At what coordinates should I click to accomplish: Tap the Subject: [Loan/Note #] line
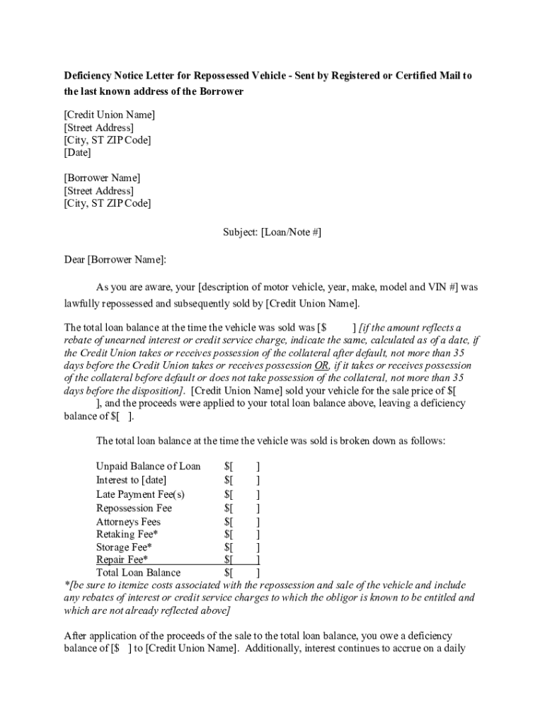(272, 232)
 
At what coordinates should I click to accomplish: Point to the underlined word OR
(321, 365)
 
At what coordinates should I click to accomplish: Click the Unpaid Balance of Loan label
(148, 467)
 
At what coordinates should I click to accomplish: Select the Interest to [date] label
(131, 481)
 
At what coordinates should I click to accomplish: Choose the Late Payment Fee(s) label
(140, 494)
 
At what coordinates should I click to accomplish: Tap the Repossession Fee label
(134, 508)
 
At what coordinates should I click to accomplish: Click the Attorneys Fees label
(128, 523)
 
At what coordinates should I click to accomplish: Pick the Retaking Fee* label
(127, 535)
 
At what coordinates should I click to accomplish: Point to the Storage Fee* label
(124, 547)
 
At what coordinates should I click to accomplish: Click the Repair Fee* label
(122, 560)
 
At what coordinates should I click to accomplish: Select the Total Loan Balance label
(138, 573)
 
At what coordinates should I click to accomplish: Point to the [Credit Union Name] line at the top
(110, 115)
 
